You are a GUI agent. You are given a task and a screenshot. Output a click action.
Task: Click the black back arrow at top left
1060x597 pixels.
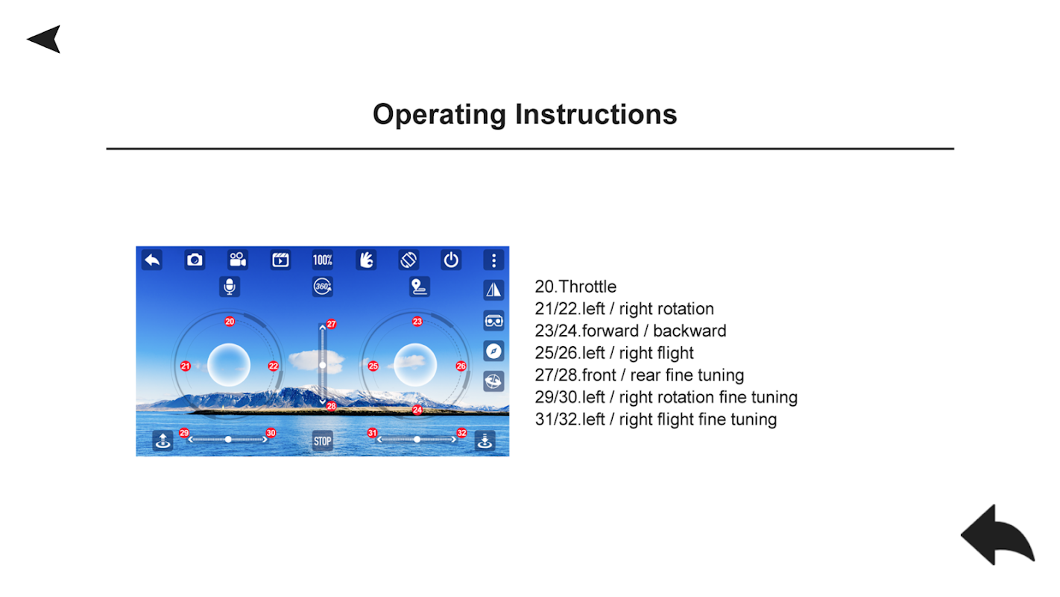coord(44,40)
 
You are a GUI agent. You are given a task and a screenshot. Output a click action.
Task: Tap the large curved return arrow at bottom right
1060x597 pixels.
coord(997,535)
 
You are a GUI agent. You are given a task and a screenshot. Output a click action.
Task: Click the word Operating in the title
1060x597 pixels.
coord(440,115)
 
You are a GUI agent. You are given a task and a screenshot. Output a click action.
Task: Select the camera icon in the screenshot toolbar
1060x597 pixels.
coord(195,260)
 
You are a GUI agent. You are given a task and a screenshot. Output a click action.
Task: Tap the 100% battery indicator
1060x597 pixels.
coord(323,260)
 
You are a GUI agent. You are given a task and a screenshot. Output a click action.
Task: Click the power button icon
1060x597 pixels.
coord(451,260)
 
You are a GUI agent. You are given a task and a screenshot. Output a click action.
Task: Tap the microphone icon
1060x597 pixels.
coord(230,287)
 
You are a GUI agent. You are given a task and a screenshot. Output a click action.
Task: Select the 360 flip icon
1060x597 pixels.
coord(323,287)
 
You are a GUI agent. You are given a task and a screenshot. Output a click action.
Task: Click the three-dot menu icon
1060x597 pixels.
coord(493,260)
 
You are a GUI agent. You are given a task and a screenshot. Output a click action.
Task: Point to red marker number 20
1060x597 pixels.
coord(230,322)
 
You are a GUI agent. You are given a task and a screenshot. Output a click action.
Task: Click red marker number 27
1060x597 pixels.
coord(331,324)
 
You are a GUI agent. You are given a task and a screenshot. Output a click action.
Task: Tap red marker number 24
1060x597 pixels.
coord(417,410)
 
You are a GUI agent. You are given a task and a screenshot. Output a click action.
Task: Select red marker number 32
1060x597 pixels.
coord(461,433)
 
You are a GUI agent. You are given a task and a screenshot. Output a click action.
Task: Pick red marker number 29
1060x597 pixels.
coord(184,433)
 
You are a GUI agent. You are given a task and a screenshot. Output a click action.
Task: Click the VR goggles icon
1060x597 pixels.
coord(493,321)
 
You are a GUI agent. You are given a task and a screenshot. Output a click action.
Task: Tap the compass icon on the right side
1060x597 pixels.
coord(493,351)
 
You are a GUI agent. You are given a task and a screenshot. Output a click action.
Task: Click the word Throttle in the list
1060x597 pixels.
coord(587,287)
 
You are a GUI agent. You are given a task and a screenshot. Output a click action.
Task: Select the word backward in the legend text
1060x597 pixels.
coord(690,331)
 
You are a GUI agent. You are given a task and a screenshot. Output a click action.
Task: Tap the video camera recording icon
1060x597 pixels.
coord(238,260)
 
